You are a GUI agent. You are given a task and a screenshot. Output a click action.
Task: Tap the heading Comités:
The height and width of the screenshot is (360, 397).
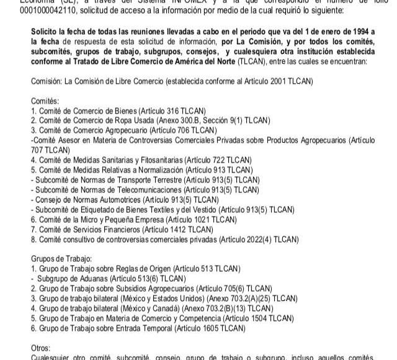click(45, 100)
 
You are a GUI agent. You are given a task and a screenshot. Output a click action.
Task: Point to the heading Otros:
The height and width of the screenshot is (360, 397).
click(42, 348)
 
